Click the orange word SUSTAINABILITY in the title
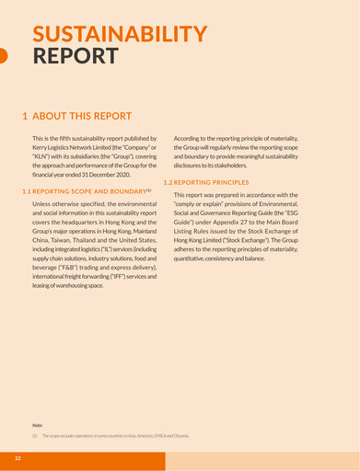[119, 34]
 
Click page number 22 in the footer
[17, 457]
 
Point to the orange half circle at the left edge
[3, 56]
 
